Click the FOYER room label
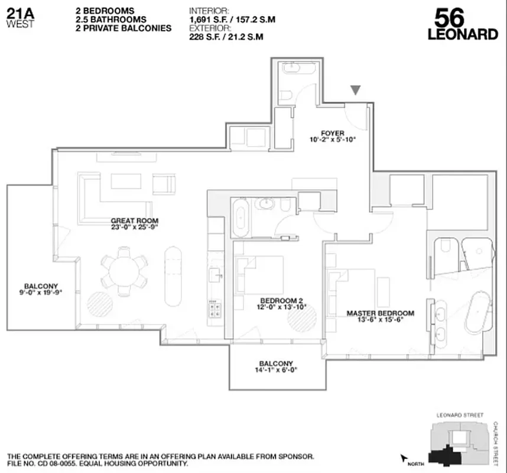click(333, 133)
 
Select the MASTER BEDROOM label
click(380, 313)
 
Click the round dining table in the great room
click(123, 271)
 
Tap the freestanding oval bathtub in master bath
click(477, 312)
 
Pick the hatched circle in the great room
click(98, 303)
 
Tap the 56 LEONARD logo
click(463, 24)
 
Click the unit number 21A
click(19, 12)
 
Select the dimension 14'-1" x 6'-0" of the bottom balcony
click(275, 371)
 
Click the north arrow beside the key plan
click(405, 458)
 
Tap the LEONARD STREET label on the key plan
click(459, 415)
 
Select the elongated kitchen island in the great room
click(174, 276)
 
